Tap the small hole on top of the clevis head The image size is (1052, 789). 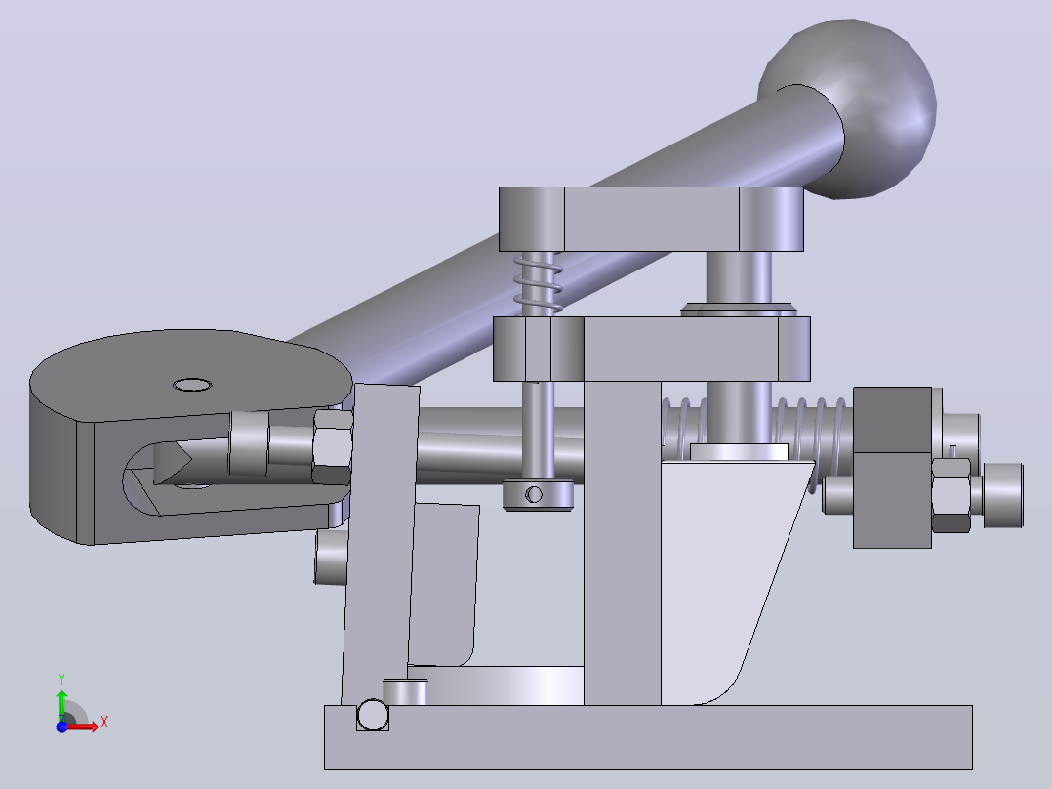click(192, 385)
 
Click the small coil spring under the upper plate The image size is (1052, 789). click(538, 283)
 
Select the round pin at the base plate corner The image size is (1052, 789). click(373, 715)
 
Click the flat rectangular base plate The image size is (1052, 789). click(648, 737)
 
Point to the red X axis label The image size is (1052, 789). click(104, 723)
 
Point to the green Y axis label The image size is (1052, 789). click(61, 680)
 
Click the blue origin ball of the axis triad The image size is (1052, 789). click(61, 727)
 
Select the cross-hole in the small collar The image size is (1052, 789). click(534, 495)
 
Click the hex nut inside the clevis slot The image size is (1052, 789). click(332, 446)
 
